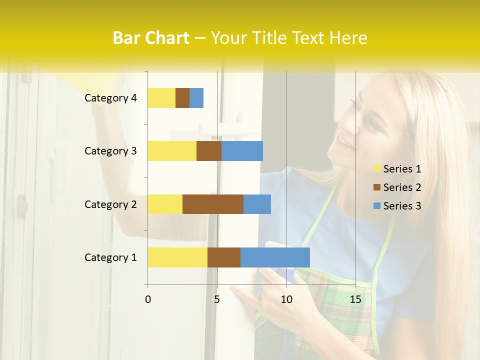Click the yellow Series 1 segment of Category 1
[x=177, y=257]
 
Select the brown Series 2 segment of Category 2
[x=213, y=204]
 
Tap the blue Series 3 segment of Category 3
[x=242, y=151]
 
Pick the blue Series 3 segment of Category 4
[x=196, y=98]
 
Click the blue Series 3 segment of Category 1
[x=275, y=257]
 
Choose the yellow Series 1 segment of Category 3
[x=172, y=151]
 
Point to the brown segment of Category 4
[x=182, y=98]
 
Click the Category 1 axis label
[x=110, y=257]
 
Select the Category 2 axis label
[x=110, y=204]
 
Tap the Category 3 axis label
[x=110, y=151]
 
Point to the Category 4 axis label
[x=110, y=98]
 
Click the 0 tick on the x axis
[x=148, y=299]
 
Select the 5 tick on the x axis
[x=217, y=299]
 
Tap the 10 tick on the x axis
[x=286, y=299]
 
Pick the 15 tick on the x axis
[x=355, y=299]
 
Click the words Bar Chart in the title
[x=151, y=38]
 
